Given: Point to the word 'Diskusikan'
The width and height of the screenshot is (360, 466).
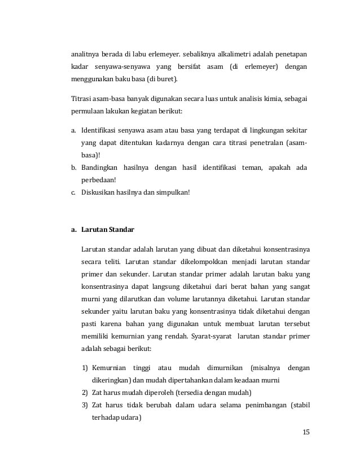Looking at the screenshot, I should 99,192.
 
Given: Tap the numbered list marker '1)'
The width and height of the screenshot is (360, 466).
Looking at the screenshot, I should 85,368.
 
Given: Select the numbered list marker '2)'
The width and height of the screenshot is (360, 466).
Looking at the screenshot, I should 85,393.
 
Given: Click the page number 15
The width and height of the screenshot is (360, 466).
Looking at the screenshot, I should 306,432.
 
